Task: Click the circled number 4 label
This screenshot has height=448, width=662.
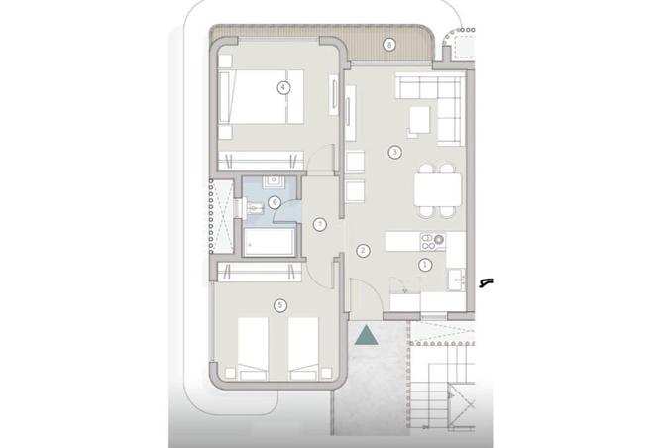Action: (x=283, y=88)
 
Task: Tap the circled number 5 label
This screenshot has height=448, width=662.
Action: (x=279, y=305)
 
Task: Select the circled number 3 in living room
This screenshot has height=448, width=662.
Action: (x=394, y=152)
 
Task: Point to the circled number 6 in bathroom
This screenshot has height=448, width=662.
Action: (x=275, y=202)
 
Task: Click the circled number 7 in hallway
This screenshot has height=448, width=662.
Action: (x=320, y=225)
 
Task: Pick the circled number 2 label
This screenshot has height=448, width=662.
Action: (x=363, y=251)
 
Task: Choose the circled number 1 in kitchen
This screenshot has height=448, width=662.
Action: (x=425, y=265)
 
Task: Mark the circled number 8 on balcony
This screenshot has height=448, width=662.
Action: (x=389, y=45)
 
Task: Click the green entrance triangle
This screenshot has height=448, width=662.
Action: (x=366, y=335)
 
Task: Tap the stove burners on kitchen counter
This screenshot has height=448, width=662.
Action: (x=433, y=242)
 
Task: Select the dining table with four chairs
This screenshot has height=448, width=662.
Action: (x=437, y=190)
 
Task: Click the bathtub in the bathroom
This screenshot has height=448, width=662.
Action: (x=270, y=243)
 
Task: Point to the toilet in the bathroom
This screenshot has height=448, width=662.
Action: (x=253, y=208)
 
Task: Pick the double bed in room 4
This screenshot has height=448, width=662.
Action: (x=261, y=97)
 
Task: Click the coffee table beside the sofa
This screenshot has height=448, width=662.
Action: (x=419, y=120)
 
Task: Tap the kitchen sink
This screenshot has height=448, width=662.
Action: (x=456, y=280)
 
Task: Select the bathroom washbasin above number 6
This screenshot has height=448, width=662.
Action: (x=275, y=182)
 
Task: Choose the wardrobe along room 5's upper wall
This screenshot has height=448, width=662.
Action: (x=260, y=272)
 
